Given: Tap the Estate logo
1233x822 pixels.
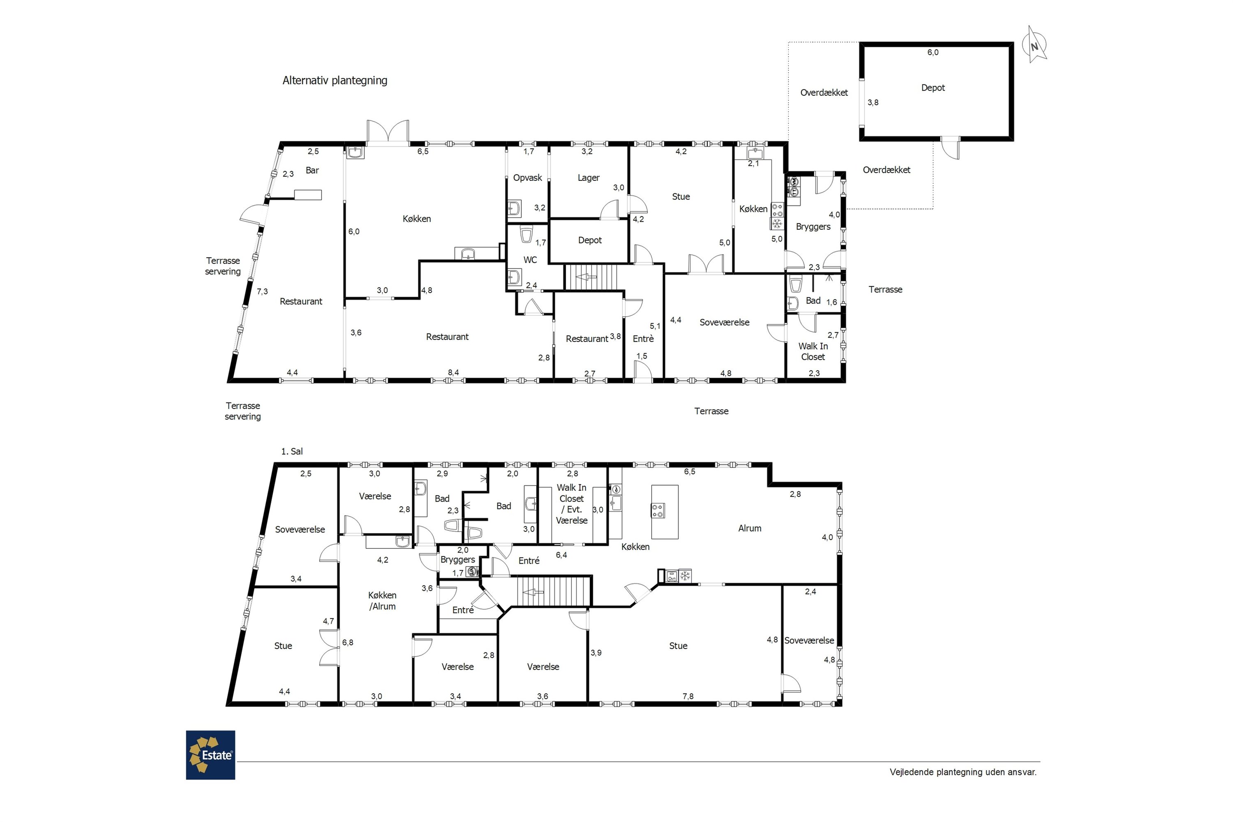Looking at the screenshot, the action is click(210, 755).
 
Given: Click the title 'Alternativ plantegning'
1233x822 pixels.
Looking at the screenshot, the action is click(335, 81).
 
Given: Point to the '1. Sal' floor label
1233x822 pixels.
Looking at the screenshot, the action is click(292, 451).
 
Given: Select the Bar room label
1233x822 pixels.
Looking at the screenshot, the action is click(312, 171).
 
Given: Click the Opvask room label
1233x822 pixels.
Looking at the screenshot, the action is click(527, 178).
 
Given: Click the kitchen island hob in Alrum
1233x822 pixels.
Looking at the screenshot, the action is click(658, 510).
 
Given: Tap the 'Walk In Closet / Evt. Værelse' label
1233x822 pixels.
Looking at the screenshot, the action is click(571, 504).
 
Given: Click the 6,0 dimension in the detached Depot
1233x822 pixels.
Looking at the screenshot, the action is click(933, 53).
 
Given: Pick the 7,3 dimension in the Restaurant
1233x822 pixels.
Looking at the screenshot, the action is click(262, 292).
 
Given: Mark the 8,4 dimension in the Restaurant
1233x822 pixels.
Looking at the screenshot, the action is click(453, 373).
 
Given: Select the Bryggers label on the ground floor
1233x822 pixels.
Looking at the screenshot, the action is click(813, 227).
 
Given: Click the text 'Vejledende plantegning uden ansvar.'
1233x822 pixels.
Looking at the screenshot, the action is click(963, 772).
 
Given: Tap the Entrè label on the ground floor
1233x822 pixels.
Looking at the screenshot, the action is click(643, 339).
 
